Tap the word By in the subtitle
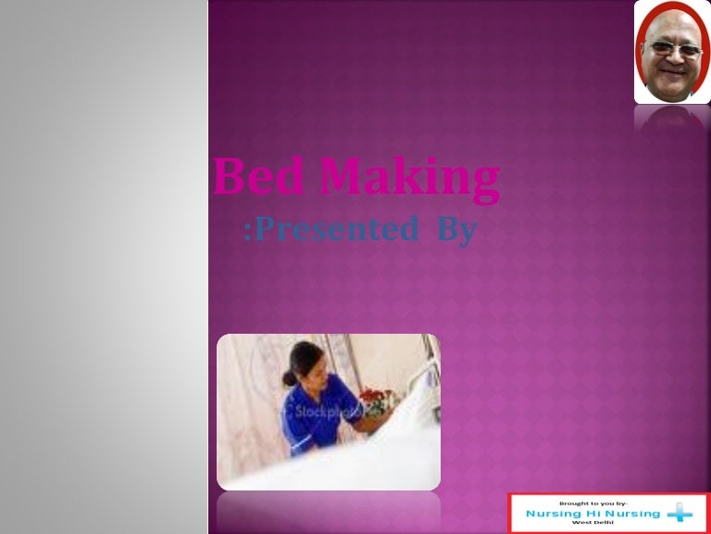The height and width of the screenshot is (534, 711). click(453, 229)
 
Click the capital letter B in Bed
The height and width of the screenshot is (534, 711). click(227, 179)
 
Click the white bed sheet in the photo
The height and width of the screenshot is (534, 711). click(370, 464)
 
